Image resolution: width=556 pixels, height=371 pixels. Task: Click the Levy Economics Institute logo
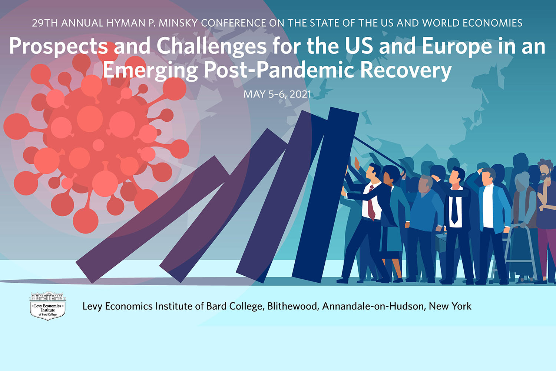[48, 306]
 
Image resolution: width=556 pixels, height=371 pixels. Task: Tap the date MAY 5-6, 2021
[277, 94]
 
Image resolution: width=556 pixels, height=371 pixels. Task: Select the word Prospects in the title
[59, 47]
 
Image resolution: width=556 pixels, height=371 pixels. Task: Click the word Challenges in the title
[211, 47]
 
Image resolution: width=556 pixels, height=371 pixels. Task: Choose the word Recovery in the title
[406, 70]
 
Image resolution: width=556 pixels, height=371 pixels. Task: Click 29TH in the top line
[45, 23]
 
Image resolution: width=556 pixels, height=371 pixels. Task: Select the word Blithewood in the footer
[292, 306]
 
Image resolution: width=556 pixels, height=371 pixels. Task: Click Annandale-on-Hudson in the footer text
[373, 306]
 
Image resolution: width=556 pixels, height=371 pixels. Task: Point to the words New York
[450, 306]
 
